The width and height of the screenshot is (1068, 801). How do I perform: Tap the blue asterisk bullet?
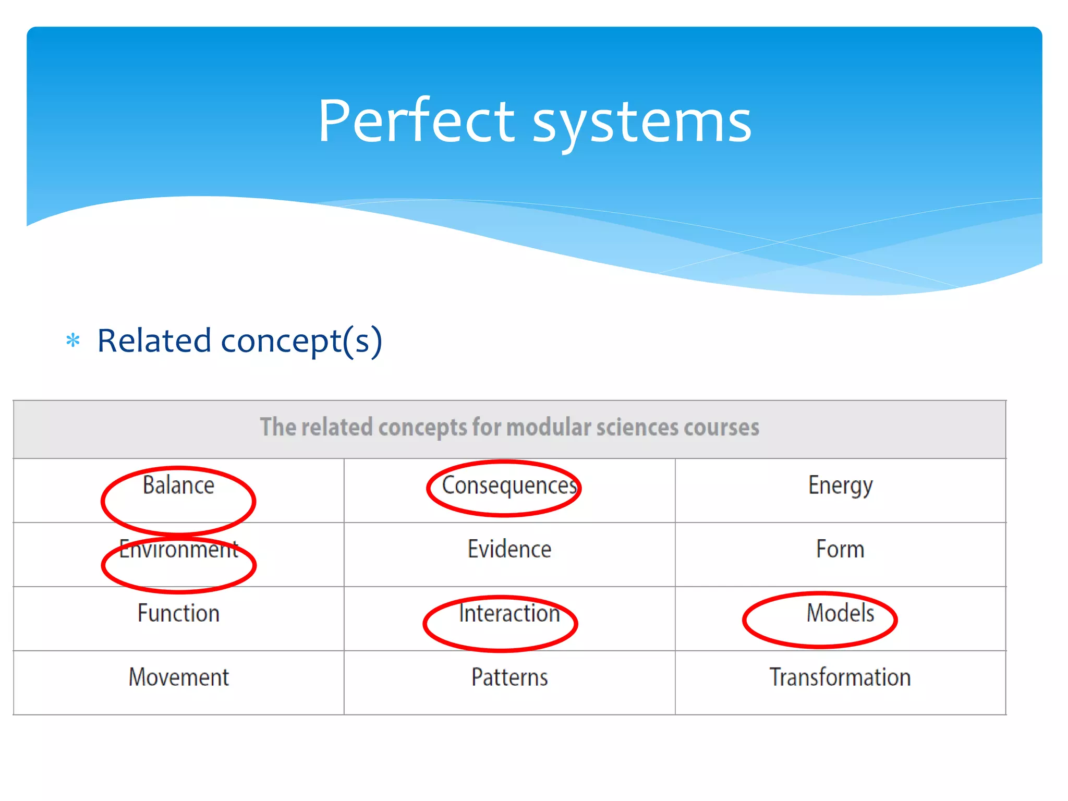coord(73,341)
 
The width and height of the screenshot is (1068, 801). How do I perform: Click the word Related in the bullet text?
coord(154,341)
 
